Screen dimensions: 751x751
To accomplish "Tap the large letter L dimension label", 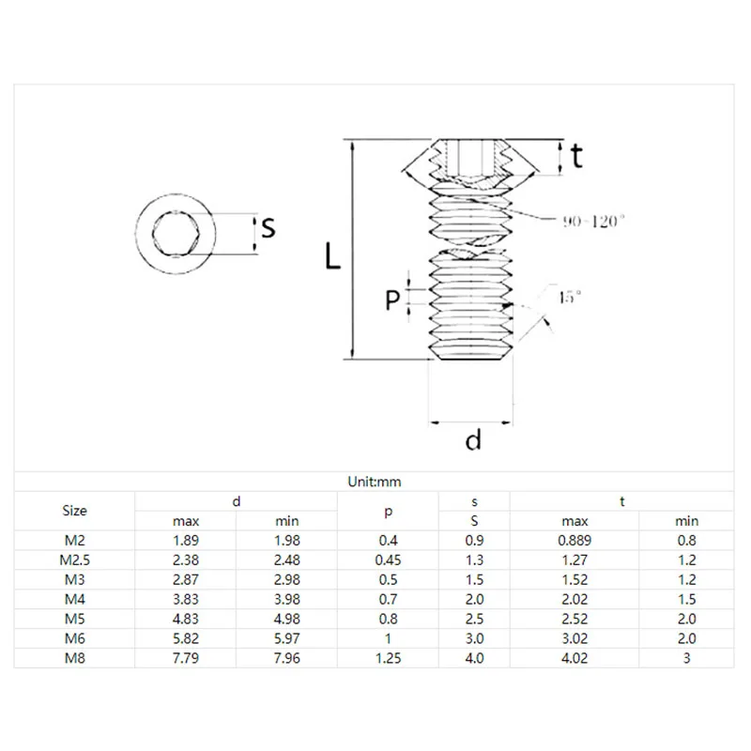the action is [332, 255].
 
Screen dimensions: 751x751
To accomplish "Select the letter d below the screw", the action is [473, 439].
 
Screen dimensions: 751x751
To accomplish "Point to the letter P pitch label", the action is [392, 300].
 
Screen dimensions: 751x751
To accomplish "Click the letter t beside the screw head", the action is [577, 156].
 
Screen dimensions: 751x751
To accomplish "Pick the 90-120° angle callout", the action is [594, 222].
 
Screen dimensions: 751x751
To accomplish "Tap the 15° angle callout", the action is [570, 297].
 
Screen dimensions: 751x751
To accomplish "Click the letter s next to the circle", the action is [268, 227].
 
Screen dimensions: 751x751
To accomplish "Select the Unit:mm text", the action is [375, 482].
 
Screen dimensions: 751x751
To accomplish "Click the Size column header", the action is [75, 511].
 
